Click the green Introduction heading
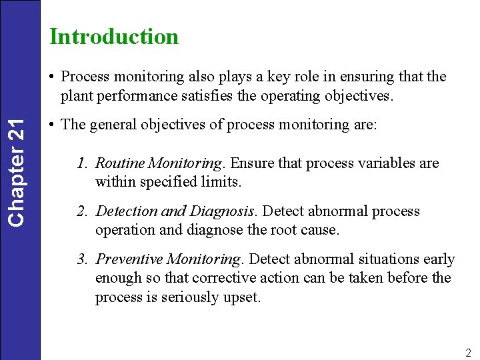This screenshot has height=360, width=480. point(114,36)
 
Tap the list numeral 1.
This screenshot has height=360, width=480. point(81,163)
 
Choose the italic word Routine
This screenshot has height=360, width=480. point(121,163)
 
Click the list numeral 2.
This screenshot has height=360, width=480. point(81,211)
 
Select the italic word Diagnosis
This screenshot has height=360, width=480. point(223,211)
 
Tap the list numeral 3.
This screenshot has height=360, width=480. point(81,259)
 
